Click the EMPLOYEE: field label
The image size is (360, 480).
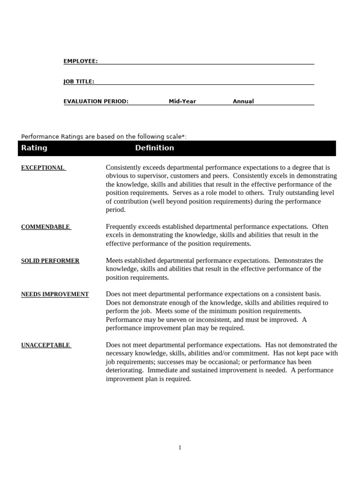click(81, 61)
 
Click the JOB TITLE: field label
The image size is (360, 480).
click(79, 82)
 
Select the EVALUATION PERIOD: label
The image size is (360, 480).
click(96, 101)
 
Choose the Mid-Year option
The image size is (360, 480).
click(182, 101)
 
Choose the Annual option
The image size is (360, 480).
click(243, 101)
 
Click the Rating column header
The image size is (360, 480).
click(34, 148)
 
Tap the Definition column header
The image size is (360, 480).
click(154, 148)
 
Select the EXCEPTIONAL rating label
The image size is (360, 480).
click(43, 168)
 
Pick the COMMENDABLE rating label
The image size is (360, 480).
click(45, 227)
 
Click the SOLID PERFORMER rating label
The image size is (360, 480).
click(50, 261)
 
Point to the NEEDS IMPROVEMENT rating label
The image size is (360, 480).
click(55, 294)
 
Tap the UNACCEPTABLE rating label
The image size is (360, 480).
click(45, 345)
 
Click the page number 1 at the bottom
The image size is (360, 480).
click(180, 448)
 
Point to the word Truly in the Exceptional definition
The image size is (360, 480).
click(276, 193)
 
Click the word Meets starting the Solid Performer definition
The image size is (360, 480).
click(115, 261)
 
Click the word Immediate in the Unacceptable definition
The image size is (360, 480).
click(161, 370)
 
